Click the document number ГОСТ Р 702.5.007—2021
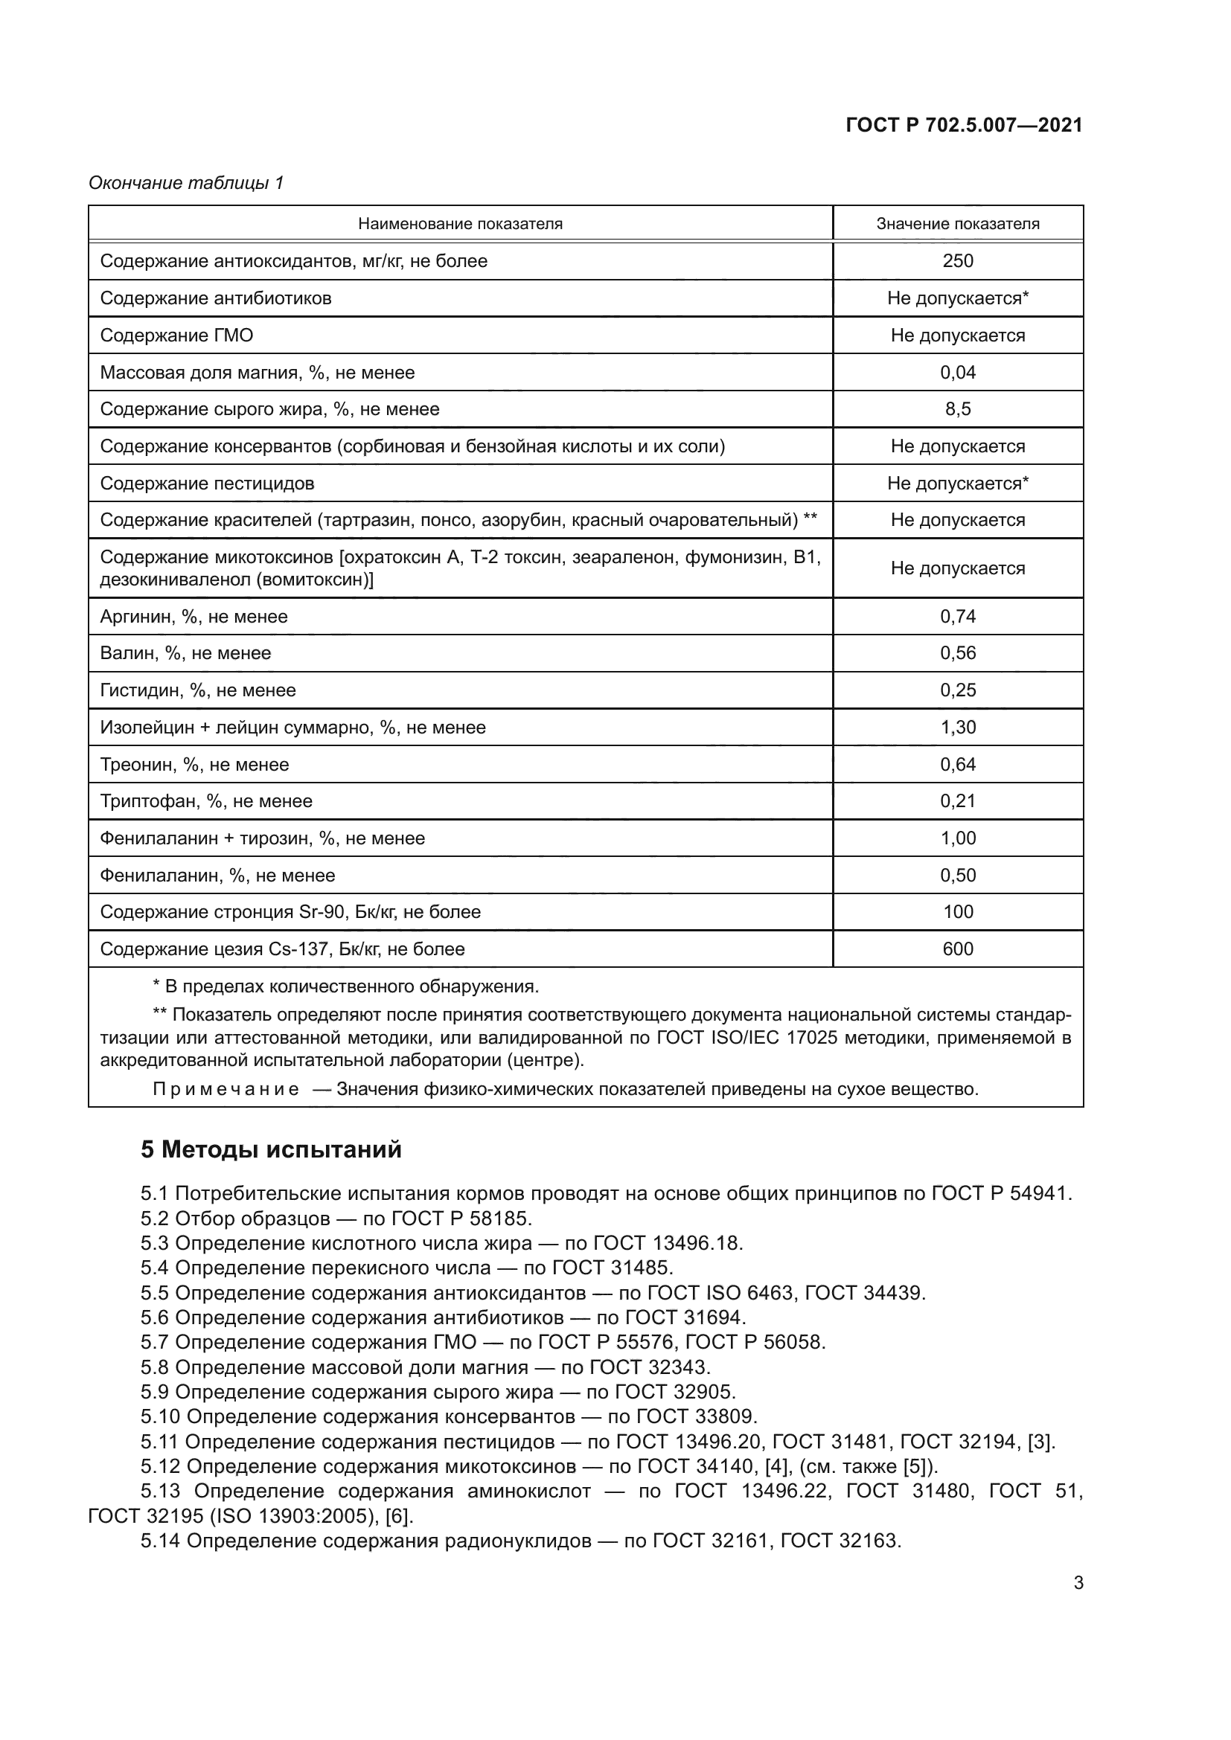tap(963, 126)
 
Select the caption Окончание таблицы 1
tap(186, 183)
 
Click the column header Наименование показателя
tap(460, 224)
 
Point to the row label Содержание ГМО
tap(176, 335)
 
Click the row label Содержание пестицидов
tap(207, 484)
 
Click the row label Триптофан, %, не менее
tap(206, 801)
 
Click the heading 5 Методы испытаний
tap(271, 1149)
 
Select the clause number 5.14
tap(160, 1541)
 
